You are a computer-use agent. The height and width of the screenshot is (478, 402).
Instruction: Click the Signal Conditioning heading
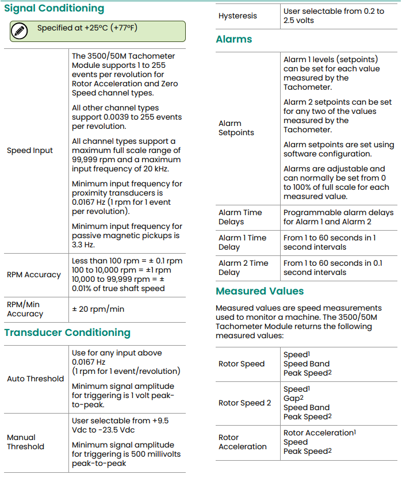pos(54,9)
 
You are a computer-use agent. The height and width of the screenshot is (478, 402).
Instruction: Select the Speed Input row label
pos(30,151)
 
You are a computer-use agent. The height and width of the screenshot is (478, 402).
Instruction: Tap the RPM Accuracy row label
pos(34,275)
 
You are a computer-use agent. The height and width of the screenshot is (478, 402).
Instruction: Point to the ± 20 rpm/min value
pos(98,309)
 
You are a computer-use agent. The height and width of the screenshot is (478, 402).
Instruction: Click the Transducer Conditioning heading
pos(67,332)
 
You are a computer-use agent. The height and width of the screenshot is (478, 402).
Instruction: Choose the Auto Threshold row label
pos(36,378)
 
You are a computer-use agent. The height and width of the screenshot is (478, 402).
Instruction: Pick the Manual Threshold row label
pos(25,442)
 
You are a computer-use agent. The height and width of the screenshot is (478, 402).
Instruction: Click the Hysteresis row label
pos(238,16)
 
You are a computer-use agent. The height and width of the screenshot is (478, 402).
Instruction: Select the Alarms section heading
pos(234,40)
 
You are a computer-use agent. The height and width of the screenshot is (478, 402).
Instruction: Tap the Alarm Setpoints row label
pos(236,128)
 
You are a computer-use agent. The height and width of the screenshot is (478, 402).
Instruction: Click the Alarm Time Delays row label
pos(240,217)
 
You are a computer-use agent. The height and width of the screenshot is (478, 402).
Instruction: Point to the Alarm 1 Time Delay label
pos(242,242)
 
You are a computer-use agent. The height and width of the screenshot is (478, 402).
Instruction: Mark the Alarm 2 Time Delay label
pos(243,267)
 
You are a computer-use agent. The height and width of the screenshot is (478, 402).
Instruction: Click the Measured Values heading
pos(259,291)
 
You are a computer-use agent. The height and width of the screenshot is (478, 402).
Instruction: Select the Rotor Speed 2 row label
pos(244,403)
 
